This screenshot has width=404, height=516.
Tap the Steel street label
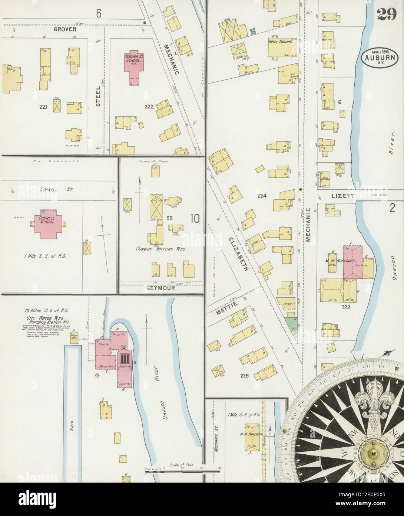click(98, 96)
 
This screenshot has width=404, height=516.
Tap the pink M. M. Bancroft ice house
click(351, 261)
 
